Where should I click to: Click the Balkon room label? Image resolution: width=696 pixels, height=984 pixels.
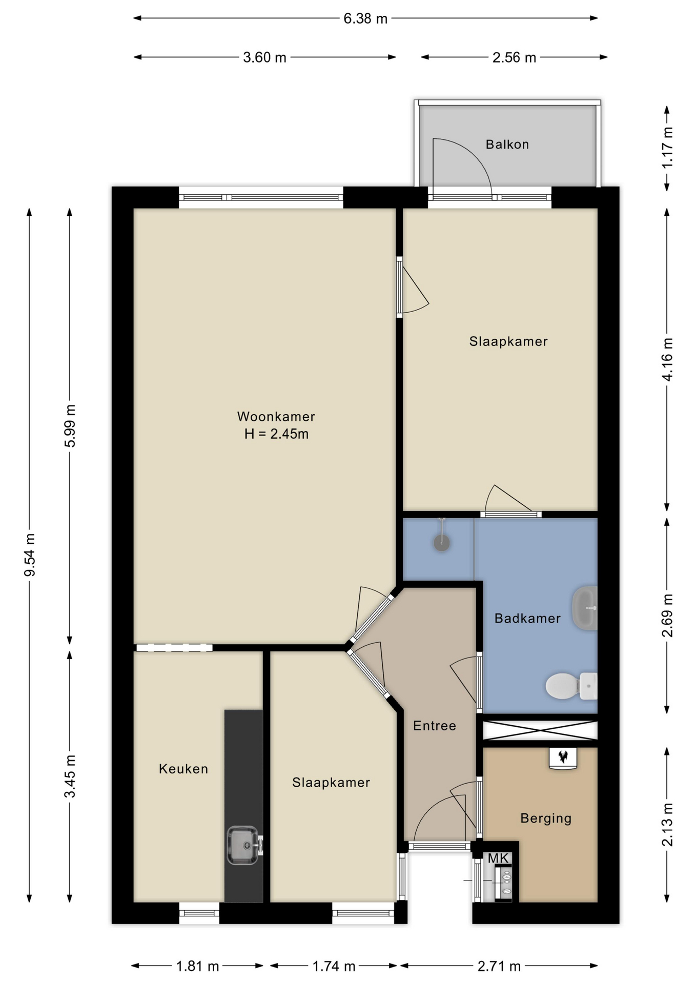[507, 145]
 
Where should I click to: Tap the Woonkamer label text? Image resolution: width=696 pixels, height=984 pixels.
[276, 417]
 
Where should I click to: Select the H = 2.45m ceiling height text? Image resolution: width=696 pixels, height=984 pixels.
[276, 434]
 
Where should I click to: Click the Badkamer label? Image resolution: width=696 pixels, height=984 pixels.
[527, 619]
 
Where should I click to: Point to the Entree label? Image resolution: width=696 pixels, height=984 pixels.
[435, 726]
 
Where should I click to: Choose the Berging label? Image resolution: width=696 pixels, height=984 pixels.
[546, 818]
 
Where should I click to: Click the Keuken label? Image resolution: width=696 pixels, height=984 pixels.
[183, 769]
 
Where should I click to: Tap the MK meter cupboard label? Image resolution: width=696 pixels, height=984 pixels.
[498, 858]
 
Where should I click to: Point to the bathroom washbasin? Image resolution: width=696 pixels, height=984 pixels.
[585, 608]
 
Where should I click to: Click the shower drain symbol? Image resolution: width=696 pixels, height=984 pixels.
[442, 543]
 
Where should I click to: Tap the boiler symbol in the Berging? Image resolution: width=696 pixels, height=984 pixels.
[563, 758]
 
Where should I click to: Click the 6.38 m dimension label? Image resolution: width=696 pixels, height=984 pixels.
[365, 19]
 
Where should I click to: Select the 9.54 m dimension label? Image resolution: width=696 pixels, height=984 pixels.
[30, 555]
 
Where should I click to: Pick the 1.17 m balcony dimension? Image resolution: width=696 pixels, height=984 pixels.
[667, 148]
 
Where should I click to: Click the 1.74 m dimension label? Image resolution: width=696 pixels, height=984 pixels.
[334, 966]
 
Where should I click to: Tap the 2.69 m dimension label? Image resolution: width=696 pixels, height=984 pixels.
[667, 616]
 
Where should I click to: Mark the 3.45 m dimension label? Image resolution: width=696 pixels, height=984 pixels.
[70, 776]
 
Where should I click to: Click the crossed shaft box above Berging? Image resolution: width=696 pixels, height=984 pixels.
[540, 730]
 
